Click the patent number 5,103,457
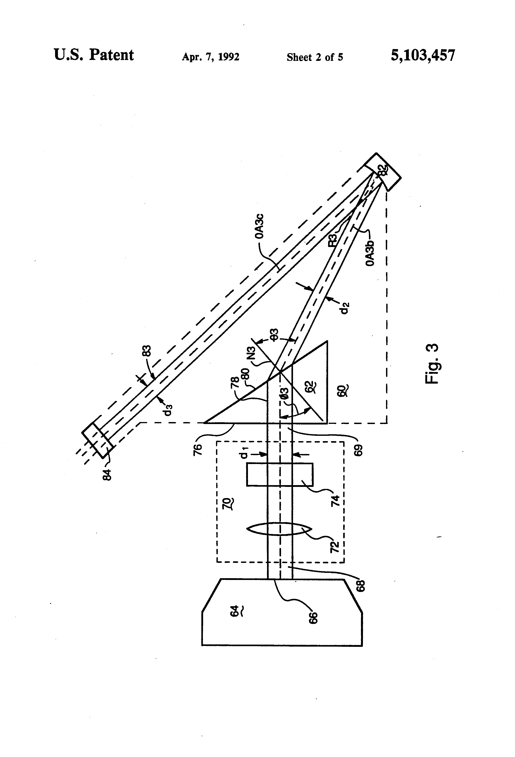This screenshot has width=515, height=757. (x=423, y=55)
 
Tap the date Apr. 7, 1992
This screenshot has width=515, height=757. (x=211, y=57)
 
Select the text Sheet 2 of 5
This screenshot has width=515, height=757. (x=315, y=57)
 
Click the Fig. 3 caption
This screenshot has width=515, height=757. (x=432, y=364)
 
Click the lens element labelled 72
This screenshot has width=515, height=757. (x=279, y=529)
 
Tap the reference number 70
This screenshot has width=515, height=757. (x=227, y=504)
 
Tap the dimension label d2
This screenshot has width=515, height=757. (x=346, y=308)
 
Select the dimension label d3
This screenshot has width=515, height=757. (x=168, y=410)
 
